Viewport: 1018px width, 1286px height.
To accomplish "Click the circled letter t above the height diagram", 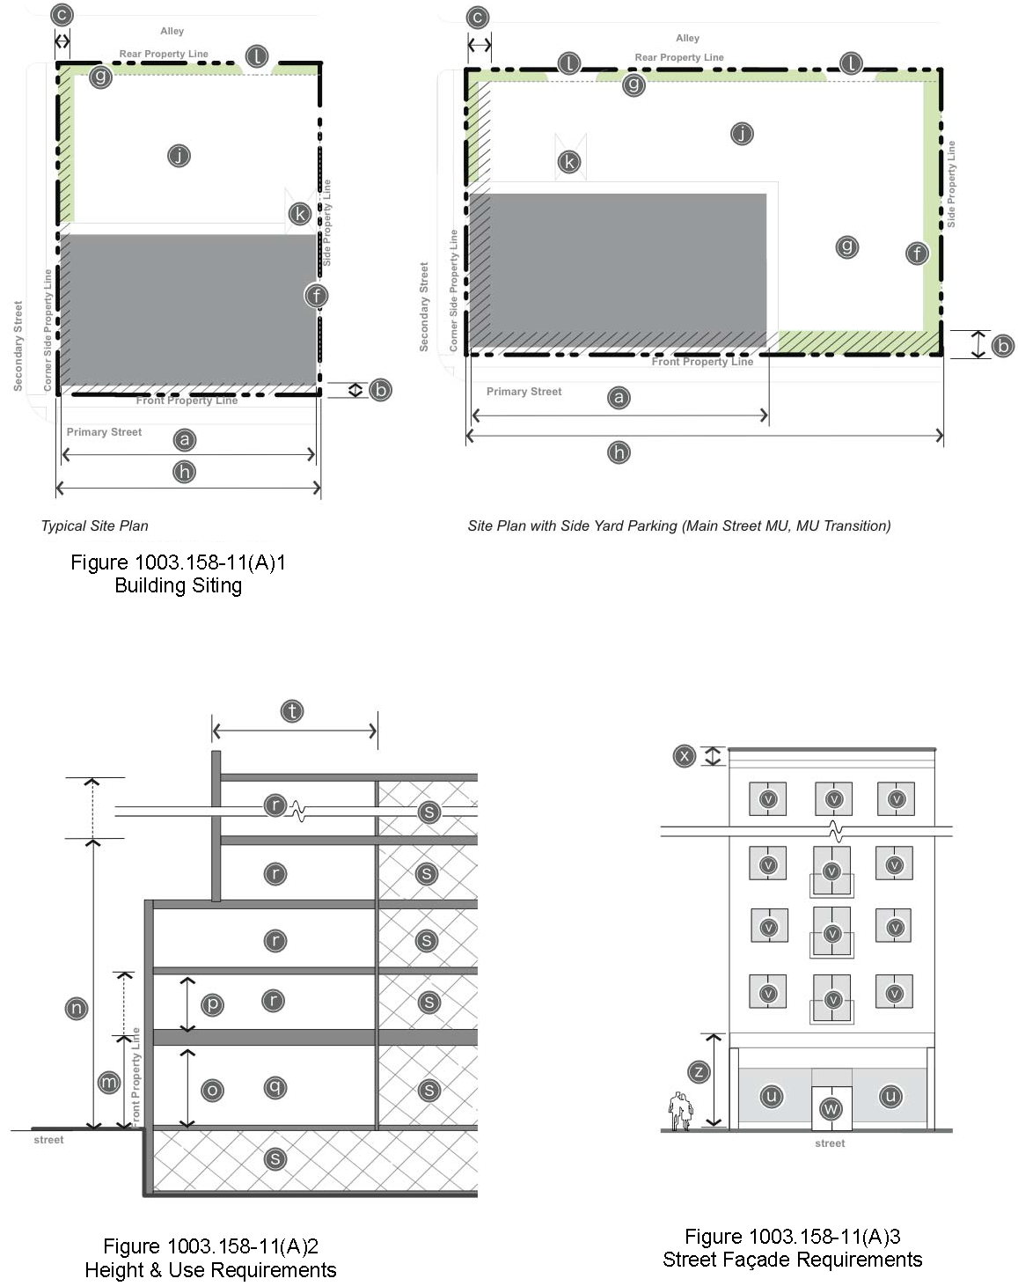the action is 292,711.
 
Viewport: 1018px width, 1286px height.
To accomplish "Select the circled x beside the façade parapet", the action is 684,756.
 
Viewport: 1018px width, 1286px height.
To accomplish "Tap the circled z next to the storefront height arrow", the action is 699,1071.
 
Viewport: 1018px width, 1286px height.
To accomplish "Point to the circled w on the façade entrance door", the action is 831,1109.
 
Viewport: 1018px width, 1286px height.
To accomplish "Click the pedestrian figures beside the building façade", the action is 680,1111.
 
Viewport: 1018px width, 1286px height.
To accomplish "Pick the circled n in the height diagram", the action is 77,1009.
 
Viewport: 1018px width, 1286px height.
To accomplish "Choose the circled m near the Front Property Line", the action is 109,1082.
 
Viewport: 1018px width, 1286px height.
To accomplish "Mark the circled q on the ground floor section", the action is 275,1087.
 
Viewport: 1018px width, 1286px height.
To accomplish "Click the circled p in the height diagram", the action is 212,1004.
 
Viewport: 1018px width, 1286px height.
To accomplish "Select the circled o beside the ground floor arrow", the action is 212,1091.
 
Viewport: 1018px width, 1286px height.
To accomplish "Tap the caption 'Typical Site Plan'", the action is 94,525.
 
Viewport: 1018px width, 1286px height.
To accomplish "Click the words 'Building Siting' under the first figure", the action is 178,585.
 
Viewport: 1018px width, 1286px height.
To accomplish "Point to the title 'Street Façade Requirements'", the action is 792,1260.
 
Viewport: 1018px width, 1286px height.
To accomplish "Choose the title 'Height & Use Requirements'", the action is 210,1270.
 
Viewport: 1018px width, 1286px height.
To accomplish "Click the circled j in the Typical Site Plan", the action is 179,156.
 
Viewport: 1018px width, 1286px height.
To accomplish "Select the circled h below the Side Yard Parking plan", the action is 619,452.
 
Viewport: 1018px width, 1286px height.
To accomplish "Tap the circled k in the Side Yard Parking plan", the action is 568,161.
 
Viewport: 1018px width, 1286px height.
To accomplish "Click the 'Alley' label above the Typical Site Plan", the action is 172,31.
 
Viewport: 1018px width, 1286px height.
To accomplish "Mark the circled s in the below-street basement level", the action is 275,1159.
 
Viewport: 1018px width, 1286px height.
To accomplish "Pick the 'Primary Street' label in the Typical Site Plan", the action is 104,432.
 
